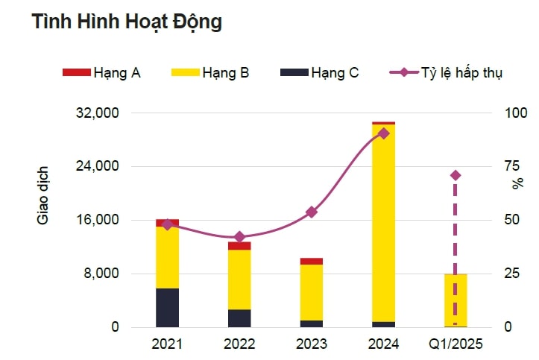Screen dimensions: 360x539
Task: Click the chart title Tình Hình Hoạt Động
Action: (x=127, y=22)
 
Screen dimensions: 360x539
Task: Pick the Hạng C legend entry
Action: (x=320, y=72)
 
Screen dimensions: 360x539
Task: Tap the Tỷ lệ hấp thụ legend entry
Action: (x=447, y=72)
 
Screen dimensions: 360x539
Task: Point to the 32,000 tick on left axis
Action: (x=99, y=113)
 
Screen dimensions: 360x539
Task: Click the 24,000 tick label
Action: (x=99, y=167)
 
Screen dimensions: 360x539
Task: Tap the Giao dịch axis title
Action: (x=43, y=194)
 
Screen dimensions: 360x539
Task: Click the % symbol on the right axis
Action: (x=517, y=184)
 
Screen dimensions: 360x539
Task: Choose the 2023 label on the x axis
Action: (x=311, y=344)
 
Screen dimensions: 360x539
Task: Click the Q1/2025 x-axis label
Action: (x=456, y=344)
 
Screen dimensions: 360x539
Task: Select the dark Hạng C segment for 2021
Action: (x=167, y=307)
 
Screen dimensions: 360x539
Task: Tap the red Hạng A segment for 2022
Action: (x=239, y=245)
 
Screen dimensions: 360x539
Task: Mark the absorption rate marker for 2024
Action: (x=383, y=133)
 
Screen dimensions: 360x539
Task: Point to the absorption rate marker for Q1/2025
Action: (x=456, y=175)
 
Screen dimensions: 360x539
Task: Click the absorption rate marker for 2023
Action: (x=312, y=212)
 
